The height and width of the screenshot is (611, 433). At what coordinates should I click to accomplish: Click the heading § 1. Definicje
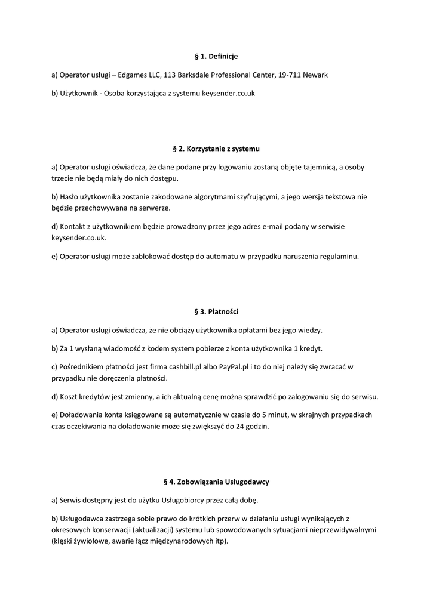(216, 56)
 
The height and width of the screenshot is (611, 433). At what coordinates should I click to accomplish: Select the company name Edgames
(133, 75)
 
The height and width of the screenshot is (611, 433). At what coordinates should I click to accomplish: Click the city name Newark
(316, 75)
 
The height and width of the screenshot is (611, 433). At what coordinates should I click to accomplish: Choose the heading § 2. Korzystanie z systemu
(216, 148)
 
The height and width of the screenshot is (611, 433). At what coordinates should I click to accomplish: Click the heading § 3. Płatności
(216, 311)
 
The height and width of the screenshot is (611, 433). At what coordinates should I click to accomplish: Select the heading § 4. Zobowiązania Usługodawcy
(216, 481)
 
